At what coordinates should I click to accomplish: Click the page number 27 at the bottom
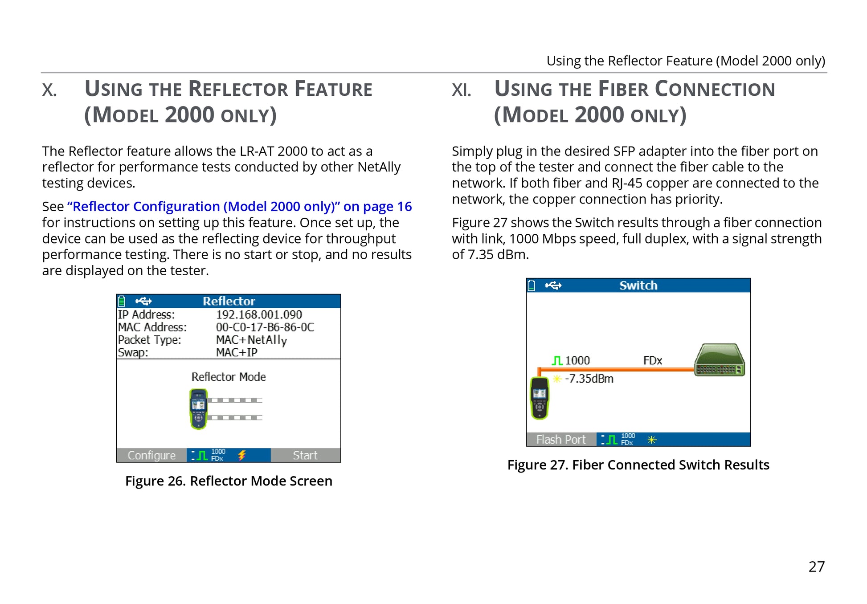click(817, 567)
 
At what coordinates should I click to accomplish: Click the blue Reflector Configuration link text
click(240, 207)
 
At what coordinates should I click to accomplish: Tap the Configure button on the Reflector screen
click(151, 455)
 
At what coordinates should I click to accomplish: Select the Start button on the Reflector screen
click(305, 455)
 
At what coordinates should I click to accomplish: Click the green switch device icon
click(720, 360)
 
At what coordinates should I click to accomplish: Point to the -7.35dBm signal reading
click(589, 379)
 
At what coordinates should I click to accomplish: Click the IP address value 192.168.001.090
click(259, 315)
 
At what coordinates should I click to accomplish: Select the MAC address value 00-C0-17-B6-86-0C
click(265, 327)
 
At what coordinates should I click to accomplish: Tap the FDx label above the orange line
click(653, 360)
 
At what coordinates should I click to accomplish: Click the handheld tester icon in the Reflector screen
click(199, 409)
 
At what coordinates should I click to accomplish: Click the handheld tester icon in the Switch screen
click(540, 398)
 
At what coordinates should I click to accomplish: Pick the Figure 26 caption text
click(229, 481)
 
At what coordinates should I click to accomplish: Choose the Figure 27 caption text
click(638, 465)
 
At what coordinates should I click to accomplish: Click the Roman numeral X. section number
click(49, 90)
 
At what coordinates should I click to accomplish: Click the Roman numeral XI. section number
click(462, 90)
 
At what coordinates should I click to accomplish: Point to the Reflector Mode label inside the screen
click(229, 377)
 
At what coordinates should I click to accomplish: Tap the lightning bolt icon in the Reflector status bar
click(242, 455)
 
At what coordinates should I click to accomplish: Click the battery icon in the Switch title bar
click(532, 285)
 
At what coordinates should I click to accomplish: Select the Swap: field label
click(133, 353)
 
